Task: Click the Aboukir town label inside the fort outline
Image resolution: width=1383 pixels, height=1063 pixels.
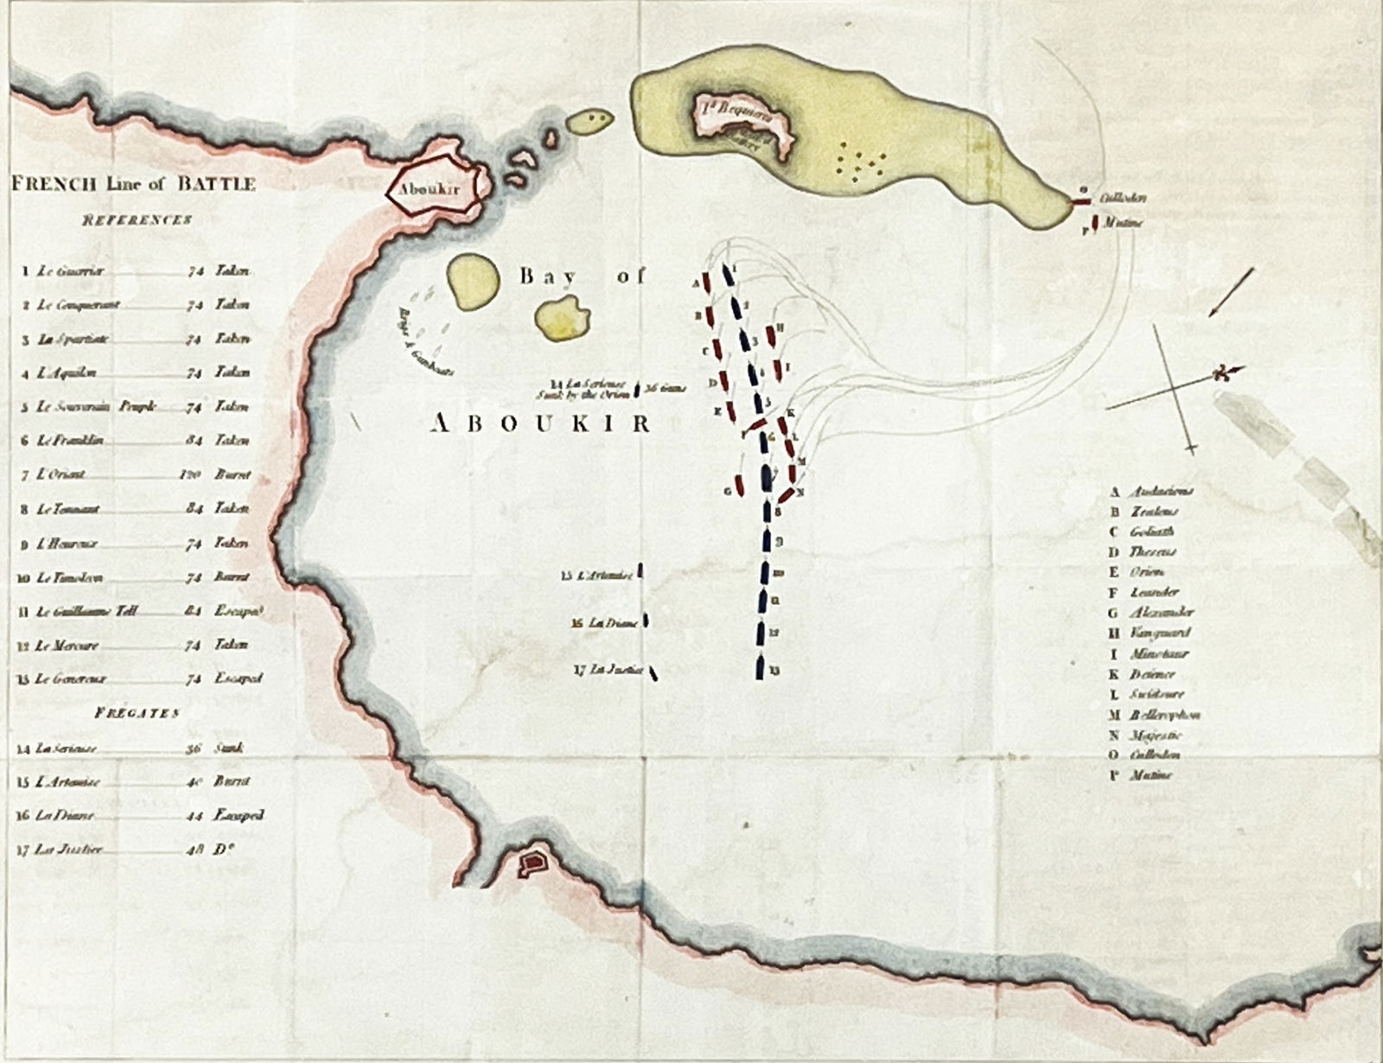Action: tap(429, 189)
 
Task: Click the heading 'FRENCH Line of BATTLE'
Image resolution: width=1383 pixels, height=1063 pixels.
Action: tap(132, 183)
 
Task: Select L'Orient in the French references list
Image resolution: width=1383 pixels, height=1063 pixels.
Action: tap(61, 475)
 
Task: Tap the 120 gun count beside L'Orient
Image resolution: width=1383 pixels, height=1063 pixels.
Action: tap(194, 475)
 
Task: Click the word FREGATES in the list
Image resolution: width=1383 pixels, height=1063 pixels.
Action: tap(137, 714)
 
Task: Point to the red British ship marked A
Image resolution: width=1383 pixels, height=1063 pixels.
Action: tap(706, 283)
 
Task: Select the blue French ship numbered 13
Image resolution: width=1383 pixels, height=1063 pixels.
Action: tap(759, 668)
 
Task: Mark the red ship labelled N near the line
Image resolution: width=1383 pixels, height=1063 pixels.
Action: tap(786, 495)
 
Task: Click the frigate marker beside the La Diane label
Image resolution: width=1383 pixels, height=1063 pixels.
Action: tap(646, 621)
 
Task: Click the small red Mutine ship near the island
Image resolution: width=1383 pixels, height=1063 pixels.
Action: tap(1094, 223)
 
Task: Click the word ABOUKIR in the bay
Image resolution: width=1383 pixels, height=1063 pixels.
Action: tap(540, 423)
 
